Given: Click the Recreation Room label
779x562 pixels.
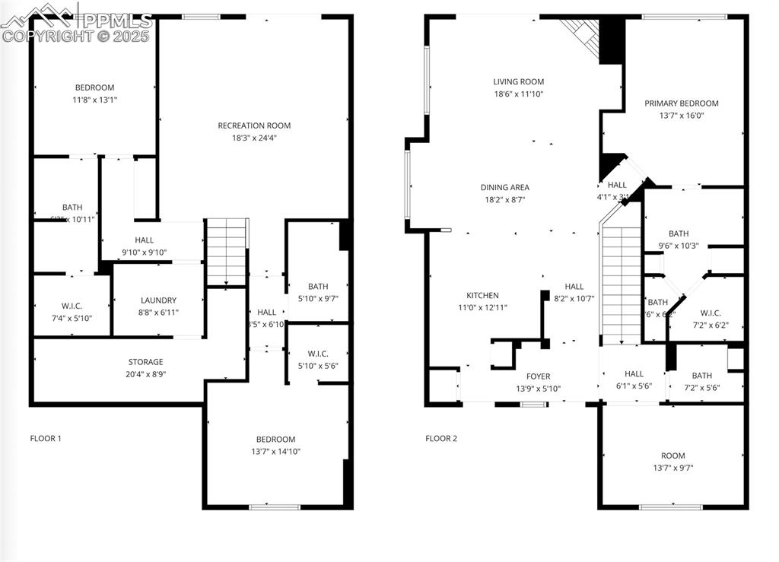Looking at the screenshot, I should (254, 126).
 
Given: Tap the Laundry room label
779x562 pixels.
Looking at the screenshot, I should (158, 300).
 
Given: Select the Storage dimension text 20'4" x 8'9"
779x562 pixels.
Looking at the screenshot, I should (145, 374).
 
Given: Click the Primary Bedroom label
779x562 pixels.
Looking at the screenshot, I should (681, 103).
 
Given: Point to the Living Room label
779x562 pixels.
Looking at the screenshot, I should (518, 82).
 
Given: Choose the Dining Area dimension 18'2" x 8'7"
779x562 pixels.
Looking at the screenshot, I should (504, 199).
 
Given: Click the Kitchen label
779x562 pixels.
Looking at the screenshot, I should (482, 296).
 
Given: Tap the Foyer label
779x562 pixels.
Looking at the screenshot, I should (538, 376).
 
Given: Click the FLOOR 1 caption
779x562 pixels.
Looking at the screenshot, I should (46, 438).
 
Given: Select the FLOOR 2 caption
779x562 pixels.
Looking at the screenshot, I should (441, 438).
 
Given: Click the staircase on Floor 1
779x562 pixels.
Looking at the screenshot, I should (227, 251).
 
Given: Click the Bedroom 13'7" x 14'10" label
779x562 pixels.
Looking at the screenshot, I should (275, 440).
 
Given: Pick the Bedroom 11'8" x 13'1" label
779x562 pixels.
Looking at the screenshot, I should (94, 87).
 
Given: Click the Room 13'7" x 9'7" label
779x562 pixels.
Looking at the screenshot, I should (672, 456).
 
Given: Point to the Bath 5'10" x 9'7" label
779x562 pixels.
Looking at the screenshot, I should (318, 287).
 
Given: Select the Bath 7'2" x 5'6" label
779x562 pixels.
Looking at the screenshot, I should (701, 376).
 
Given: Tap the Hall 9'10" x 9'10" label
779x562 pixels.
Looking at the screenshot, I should (145, 240).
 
